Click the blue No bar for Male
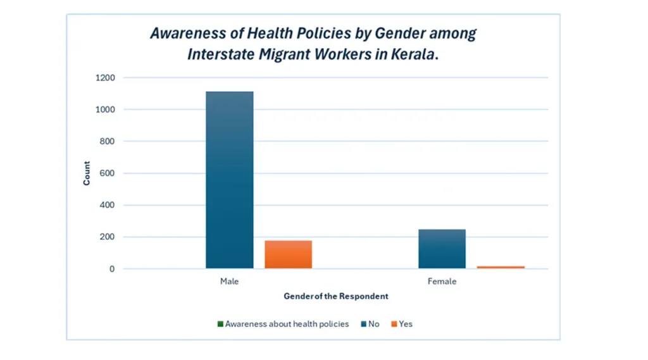pyautogui.click(x=229, y=180)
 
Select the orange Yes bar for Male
pyautogui.click(x=288, y=254)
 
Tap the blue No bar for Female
pyautogui.click(x=442, y=249)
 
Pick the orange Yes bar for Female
pyautogui.click(x=501, y=267)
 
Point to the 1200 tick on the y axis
pyautogui.click(x=105, y=78)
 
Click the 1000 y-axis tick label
pyautogui.click(x=105, y=109)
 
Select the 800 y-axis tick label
pyautogui.click(x=107, y=142)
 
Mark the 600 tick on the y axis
pyautogui.click(x=107, y=173)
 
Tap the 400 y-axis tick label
pyautogui.click(x=107, y=205)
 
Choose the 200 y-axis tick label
pyautogui.click(x=107, y=237)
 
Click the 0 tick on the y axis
pyautogui.click(x=112, y=269)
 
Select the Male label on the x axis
pyautogui.click(x=229, y=282)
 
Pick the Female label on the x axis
pyautogui.click(x=442, y=282)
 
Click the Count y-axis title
pyautogui.click(x=87, y=173)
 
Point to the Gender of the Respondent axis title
pyautogui.click(x=335, y=296)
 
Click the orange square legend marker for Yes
pyautogui.click(x=394, y=324)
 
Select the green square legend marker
pyautogui.click(x=220, y=324)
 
